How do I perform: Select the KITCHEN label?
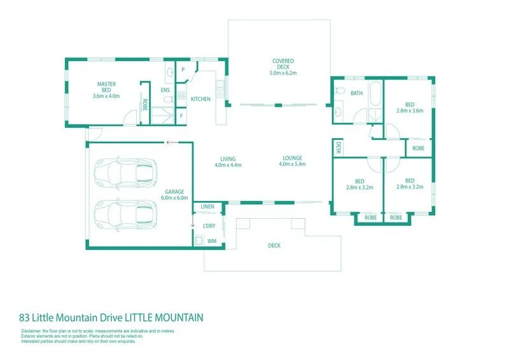click(x=200, y=99)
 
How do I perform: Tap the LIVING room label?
click(x=228, y=158)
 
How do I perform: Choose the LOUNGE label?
click(x=293, y=158)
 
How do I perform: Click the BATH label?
click(x=356, y=93)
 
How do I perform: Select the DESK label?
click(x=337, y=148)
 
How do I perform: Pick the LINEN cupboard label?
click(x=207, y=207)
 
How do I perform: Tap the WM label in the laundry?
click(x=212, y=242)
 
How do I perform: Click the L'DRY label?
click(x=209, y=226)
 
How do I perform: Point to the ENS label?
click(x=165, y=91)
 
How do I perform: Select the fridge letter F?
click(x=181, y=117)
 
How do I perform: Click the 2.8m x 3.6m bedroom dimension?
click(x=409, y=111)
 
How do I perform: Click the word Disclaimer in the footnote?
click(x=31, y=331)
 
